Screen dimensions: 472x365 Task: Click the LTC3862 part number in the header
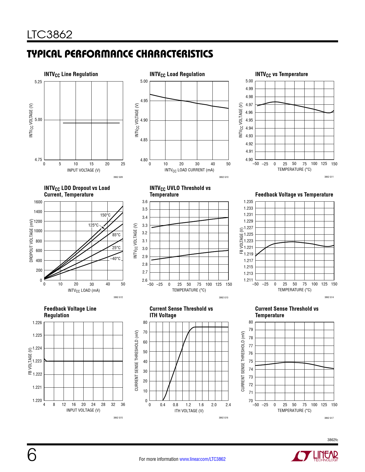click(x=50, y=35)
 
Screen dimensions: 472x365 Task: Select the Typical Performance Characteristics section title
click(x=120, y=54)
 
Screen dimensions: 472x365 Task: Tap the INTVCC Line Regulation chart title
click(x=71, y=74)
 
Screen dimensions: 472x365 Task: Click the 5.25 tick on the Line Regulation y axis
click(x=38, y=82)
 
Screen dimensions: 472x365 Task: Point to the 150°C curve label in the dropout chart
click(x=105, y=215)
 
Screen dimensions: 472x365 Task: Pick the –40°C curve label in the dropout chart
click(x=115, y=259)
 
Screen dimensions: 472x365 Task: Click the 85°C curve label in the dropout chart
click(x=116, y=235)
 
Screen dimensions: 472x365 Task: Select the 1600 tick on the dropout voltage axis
click(x=38, y=202)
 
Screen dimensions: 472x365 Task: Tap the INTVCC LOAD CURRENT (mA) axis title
click(x=189, y=170)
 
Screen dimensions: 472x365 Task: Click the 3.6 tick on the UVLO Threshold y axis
click(x=145, y=202)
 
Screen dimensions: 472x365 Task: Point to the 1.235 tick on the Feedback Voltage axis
click(x=248, y=202)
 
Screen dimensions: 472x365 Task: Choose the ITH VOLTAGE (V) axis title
click(x=189, y=411)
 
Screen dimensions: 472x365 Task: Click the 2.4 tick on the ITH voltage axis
click(x=228, y=405)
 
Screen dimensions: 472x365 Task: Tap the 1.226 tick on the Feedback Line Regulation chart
click(x=37, y=323)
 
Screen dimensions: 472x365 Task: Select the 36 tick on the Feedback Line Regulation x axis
click(x=123, y=404)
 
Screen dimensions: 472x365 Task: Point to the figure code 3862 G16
click(x=224, y=418)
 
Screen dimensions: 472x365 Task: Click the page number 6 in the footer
click(x=32, y=455)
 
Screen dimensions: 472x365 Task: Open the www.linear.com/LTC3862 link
click(x=202, y=459)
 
